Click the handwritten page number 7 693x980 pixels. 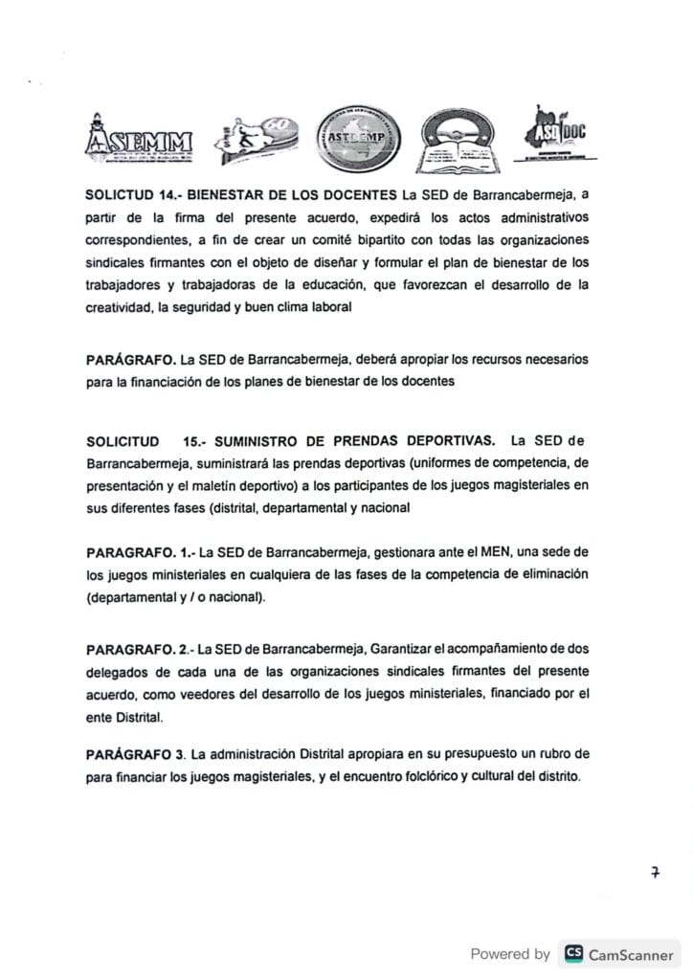(656, 872)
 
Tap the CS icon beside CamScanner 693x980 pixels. (573, 953)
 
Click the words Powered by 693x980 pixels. (510, 953)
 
